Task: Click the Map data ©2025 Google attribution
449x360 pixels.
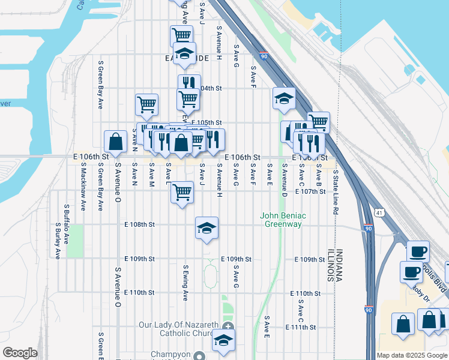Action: [411, 355]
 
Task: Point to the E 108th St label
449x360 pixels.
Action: [139, 224]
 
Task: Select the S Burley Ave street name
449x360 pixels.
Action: [58, 240]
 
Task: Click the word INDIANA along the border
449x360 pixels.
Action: [339, 266]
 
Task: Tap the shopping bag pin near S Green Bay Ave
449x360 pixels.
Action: [115, 143]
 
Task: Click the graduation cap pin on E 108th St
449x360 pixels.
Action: [206, 229]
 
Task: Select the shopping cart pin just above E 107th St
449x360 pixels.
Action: [182, 193]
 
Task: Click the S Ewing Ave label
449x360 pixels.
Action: [185, 283]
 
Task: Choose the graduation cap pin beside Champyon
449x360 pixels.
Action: [223, 340]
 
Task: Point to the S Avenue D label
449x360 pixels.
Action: [285, 182]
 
